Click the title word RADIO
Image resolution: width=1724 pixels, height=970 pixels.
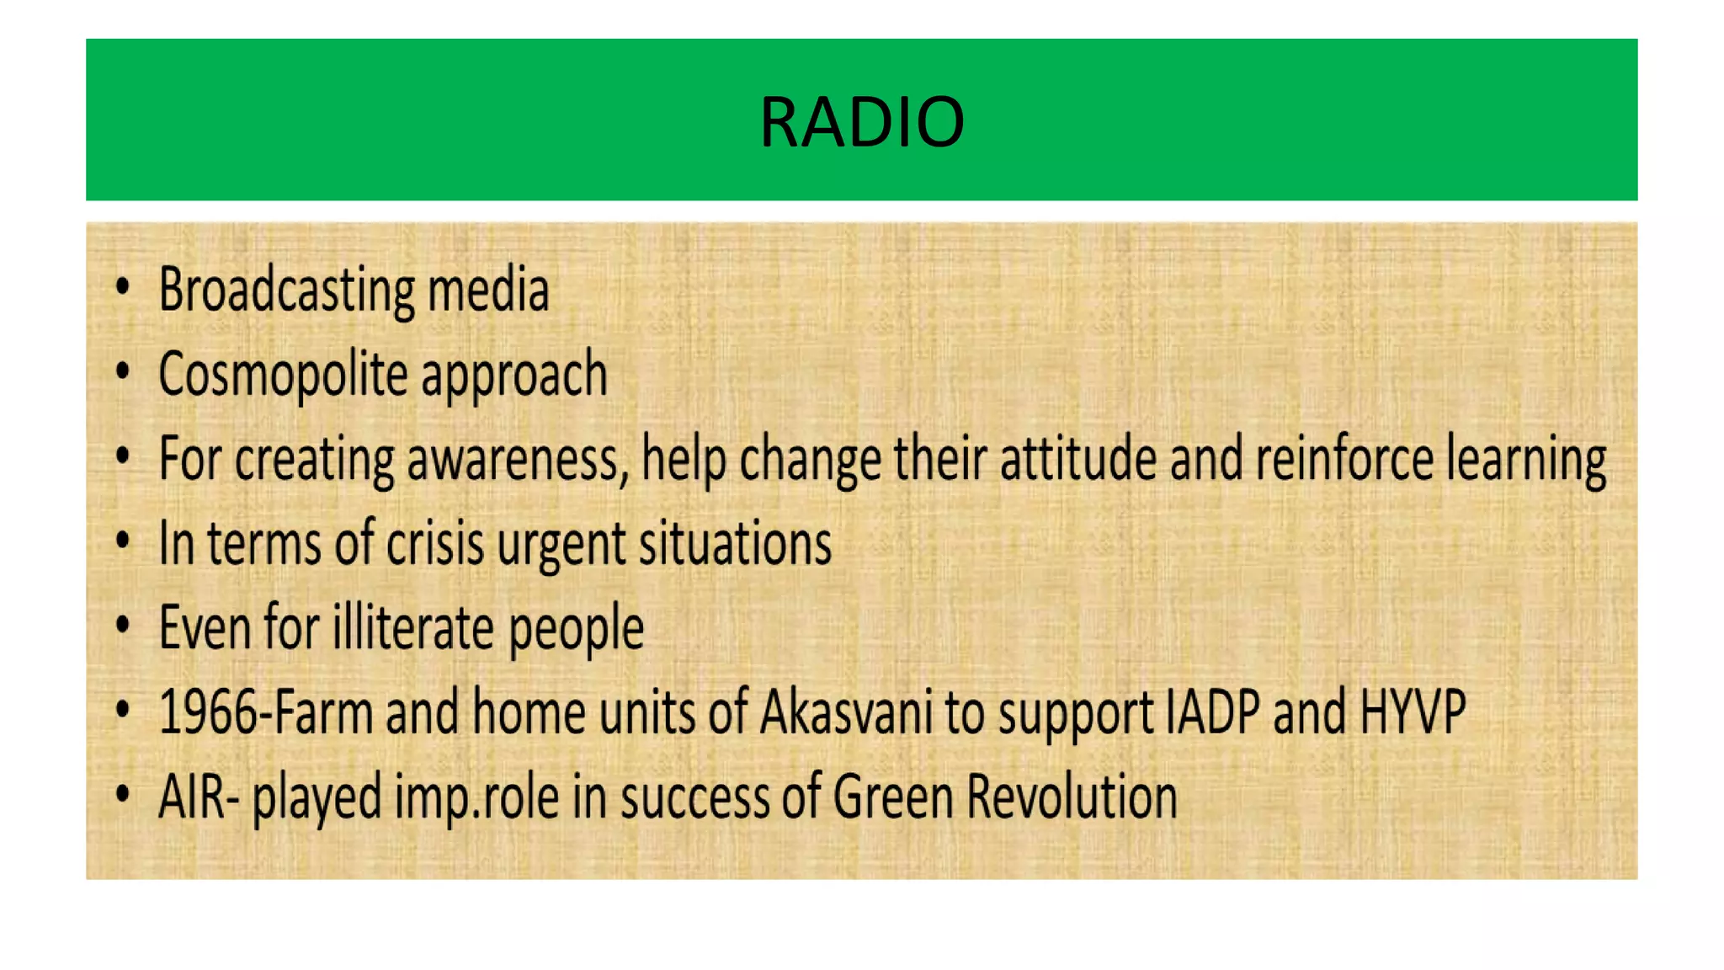tap(861, 122)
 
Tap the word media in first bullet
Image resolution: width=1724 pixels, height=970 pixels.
tap(488, 289)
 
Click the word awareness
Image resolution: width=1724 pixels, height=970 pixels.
tap(517, 460)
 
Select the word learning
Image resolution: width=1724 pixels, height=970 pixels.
tap(1526, 461)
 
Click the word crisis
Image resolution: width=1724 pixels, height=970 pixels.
tap(434, 543)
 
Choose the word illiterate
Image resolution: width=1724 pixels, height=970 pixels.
tap(412, 627)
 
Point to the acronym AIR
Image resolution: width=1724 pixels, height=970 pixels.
tap(189, 797)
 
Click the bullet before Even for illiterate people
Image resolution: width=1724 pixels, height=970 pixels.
tap(123, 626)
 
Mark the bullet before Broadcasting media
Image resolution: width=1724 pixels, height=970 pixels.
tap(123, 287)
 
